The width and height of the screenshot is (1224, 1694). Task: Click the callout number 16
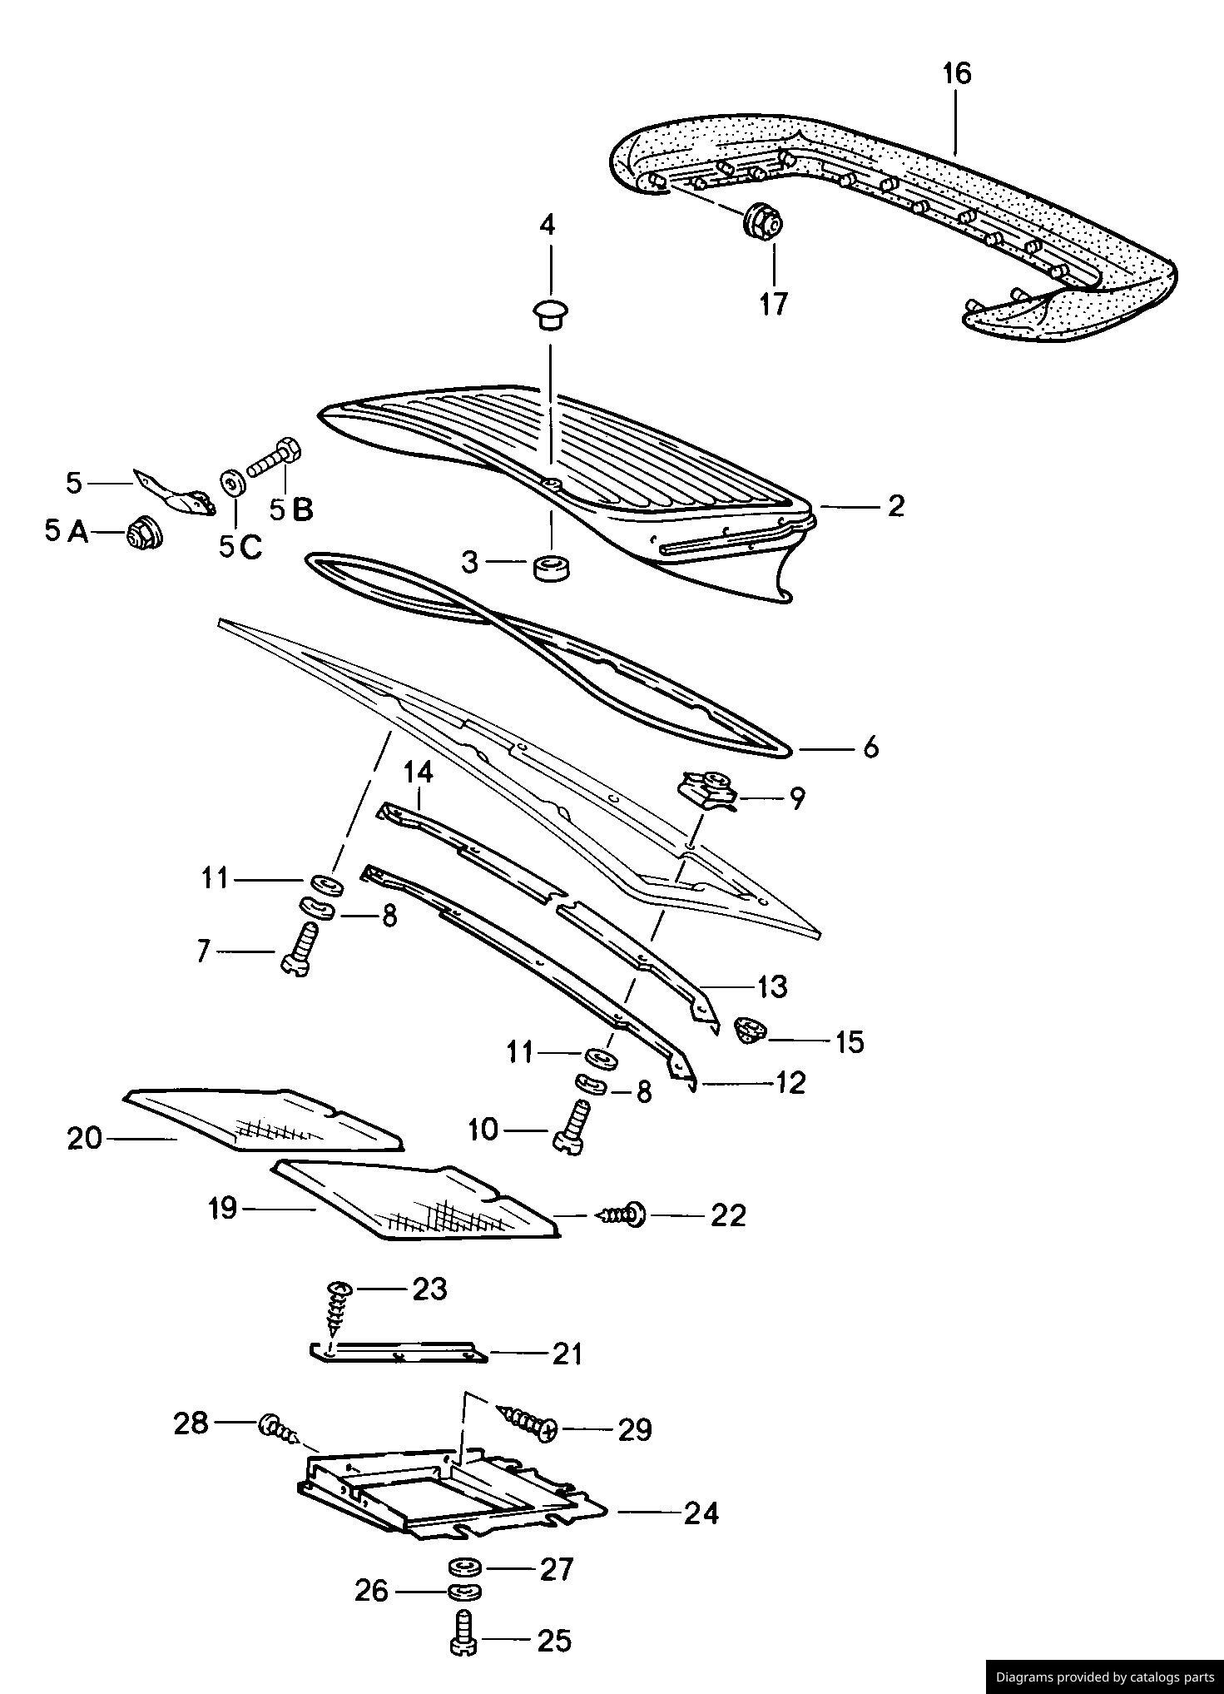[957, 74]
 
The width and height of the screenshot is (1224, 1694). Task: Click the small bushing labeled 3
[549, 569]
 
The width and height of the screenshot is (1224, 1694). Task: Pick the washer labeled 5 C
[230, 483]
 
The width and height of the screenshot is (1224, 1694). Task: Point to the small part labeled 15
[750, 1031]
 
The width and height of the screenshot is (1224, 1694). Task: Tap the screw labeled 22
[622, 1215]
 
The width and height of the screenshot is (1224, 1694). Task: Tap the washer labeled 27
[465, 1568]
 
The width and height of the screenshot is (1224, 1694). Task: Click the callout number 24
[701, 1513]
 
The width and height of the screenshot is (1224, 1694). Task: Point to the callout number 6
[870, 748]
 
